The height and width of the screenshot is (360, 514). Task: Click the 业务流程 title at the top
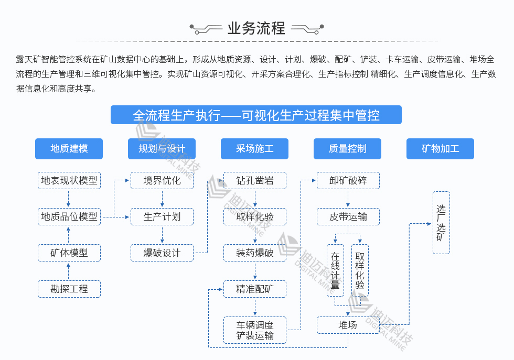tap(256, 28)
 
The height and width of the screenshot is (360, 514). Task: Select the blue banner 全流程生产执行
tap(256, 115)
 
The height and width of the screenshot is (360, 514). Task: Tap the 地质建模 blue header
tap(69, 149)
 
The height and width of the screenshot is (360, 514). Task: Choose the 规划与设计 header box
tap(162, 149)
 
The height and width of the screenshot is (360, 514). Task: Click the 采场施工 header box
tap(255, 149)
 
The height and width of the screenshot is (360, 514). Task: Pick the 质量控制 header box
tap(348, 149)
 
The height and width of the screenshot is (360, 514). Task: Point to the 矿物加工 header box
tap(441, 149)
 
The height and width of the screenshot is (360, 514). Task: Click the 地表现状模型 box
tap(69, 181)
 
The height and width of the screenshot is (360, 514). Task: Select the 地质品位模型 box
tap(69, 216)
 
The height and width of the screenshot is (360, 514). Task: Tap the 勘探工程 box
tap(69, 289)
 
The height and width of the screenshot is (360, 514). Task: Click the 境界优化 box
tap(162, 181)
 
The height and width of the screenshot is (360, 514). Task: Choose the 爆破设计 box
tap(162, 253)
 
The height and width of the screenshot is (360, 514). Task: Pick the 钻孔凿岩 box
tap(255, 181)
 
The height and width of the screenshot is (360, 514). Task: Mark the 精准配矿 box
tap(255, 289)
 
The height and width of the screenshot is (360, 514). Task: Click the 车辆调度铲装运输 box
tap(255, 330)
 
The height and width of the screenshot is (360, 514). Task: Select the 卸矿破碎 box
tap(348, 181)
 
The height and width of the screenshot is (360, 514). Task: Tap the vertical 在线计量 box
tap(335, 270)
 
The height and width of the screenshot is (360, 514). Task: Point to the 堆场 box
tap(348, 325)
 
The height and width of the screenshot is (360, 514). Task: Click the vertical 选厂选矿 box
tap(441, 223)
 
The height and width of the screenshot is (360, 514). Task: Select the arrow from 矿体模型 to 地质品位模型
tap(69, 235)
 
